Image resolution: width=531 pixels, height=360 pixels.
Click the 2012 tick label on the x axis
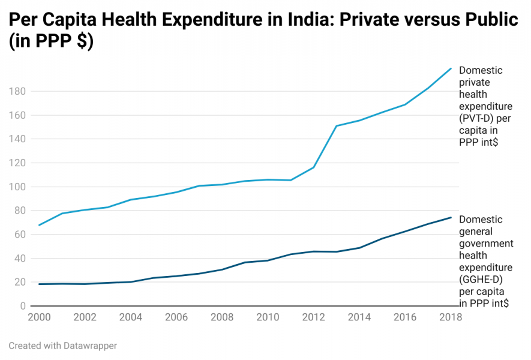(x=313, y=317)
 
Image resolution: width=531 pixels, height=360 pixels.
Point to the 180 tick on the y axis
(x=17, y=92)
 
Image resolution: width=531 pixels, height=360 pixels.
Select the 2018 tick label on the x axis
(x=450, y=317)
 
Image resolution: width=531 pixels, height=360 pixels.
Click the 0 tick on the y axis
(x=23, y=306)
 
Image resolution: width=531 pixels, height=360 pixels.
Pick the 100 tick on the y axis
(x=17, y=187)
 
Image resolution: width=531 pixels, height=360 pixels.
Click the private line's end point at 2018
(x=451, y=68)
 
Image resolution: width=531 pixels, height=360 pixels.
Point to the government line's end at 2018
(x=451, y=217)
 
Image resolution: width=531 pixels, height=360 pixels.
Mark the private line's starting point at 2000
(x=39, y=225)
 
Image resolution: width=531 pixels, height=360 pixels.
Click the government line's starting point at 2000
(x=39, y=284)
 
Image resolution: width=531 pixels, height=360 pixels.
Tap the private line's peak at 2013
(x=337, y=126)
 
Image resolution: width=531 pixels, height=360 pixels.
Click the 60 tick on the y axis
(x=20, y=235)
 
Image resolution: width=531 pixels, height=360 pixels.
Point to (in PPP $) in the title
(x=51, y=43)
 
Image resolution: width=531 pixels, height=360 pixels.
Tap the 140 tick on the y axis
(x=17, y=139)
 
